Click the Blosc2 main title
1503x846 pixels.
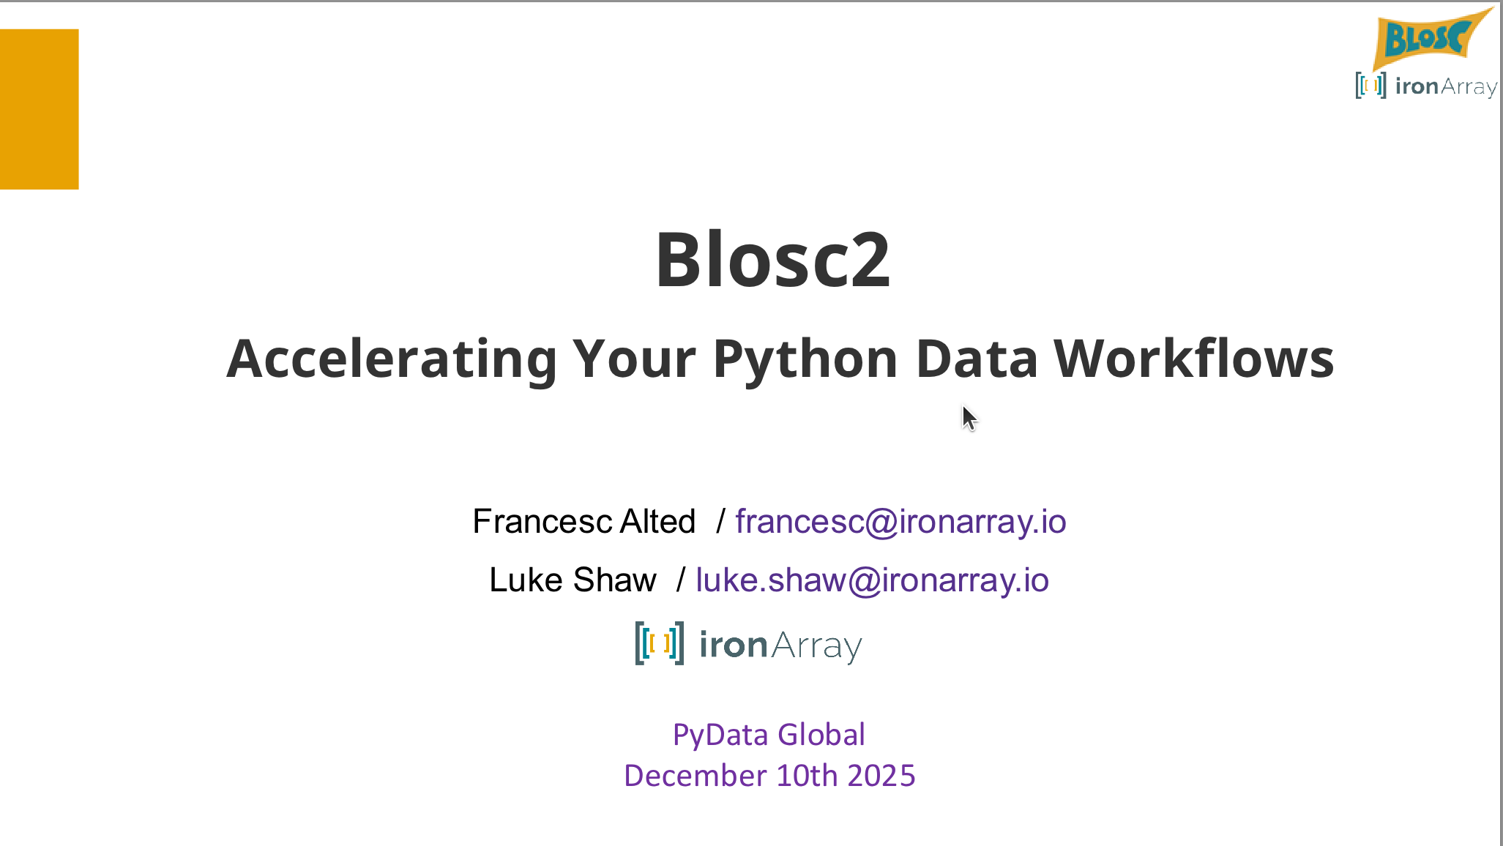(772, 260)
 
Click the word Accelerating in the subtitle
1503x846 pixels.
(392, 359)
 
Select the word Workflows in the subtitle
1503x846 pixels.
(1194, 358)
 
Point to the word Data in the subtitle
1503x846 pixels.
(977, 359)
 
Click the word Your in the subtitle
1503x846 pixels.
(634, 359)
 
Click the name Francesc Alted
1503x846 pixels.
(584, 521)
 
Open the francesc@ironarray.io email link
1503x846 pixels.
(900, 521)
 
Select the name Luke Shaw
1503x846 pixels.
(573, 580)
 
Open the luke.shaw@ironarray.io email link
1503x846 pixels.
(872, 580)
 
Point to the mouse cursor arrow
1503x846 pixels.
(969, 418)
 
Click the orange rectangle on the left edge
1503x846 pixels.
(39, 109)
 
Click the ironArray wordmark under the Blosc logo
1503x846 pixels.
(1446, 87)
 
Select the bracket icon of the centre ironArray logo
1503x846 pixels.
(660, 643)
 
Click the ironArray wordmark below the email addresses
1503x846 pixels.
(781, 645)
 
